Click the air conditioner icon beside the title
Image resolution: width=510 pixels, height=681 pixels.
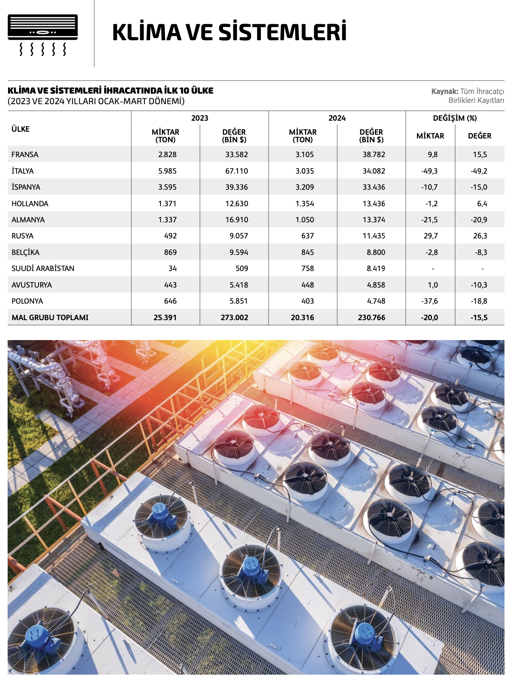coord(43,35)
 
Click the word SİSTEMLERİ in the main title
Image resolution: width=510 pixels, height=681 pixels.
coord(283,33)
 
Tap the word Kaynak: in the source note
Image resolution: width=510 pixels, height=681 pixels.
coord(444,91)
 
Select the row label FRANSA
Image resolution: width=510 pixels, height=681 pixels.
coord(25,155)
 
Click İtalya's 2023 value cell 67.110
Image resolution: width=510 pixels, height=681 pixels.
coord(236,171)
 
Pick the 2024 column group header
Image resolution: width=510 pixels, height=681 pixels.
coord(337,118)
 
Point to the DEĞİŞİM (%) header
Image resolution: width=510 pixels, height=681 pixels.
coord(455,118)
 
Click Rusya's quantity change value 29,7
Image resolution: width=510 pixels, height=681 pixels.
coord(430,236)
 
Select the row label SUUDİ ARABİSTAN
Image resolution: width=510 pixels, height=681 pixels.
coord(43,269)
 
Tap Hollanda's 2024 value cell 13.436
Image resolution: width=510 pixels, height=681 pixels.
coord(374,204)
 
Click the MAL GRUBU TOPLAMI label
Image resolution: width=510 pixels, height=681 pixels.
coord(50,318)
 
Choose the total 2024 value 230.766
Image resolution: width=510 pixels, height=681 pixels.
coord(371,318)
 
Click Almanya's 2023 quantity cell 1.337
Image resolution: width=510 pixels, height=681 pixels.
coord(167,220)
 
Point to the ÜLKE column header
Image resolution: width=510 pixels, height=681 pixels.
coord(20,129)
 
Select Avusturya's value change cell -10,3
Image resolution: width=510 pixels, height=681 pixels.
coord(479,285)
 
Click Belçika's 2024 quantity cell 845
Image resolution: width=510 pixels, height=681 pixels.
coord(308,252)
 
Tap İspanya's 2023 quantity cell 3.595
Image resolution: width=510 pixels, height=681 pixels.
coord(167,187)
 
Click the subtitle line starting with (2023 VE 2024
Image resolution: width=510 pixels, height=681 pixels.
coord(96,101)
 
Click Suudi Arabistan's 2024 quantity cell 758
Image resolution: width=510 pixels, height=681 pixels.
coord(308,269)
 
